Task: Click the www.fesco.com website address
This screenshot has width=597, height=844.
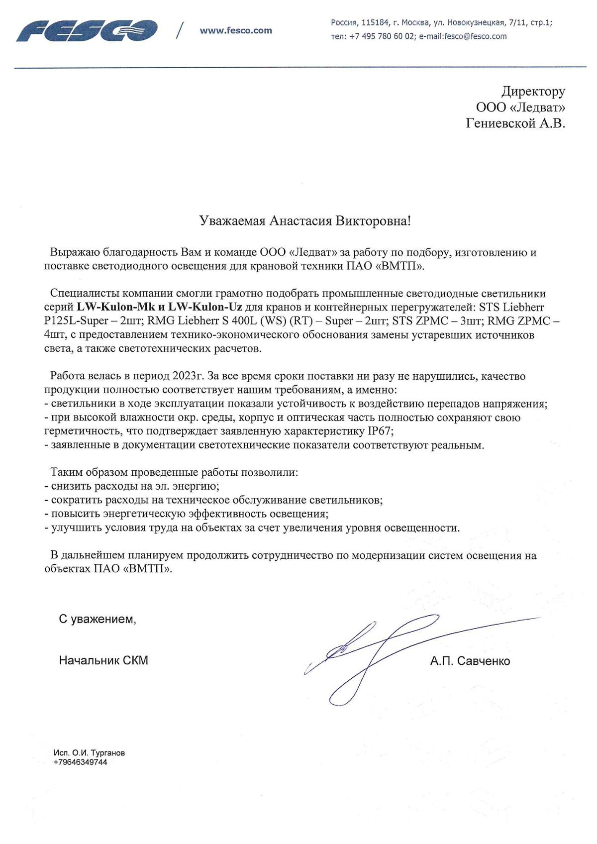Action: tap(236, 30)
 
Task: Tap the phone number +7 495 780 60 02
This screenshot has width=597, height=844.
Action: tap(382, 36)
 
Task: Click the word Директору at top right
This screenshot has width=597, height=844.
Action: tap(533, 92)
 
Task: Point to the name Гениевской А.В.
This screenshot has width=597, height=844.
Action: tap(515, 123)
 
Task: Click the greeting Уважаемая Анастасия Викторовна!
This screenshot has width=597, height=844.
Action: tap(305, 221)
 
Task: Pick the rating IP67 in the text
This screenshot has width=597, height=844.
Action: tap(381, 431)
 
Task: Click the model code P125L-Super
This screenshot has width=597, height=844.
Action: tap(76, 321)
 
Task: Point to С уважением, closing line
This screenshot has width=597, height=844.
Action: tap(98, 619)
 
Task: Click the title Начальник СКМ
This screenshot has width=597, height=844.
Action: tap(103, 660)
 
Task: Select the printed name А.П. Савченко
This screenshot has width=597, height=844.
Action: tap(470, 661)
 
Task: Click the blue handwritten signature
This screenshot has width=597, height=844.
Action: tap(378, 652)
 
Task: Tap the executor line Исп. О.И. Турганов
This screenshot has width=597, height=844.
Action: tap(89, 753)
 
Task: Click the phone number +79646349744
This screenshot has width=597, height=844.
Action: tap(80, 762)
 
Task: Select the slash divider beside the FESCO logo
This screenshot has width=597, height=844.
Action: tap(179, 31)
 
